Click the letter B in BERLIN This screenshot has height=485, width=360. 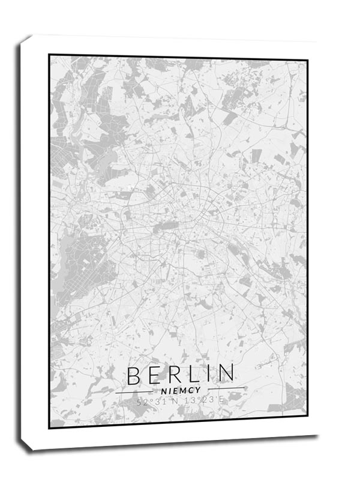pyautogui.click(x=134, y=375)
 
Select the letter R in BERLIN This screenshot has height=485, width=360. pyautogui.click(x=173, y=375)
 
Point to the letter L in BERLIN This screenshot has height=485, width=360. pyautogui.click(x=192, y=375)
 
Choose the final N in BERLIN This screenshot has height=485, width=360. pyautogui.click(x=225, y=375)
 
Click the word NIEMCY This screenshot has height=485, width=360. pyautogui.click(x=180, y=391)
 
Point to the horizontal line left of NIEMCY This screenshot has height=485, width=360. pyautogui.click(x=136, y=392)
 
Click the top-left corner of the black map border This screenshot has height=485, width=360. pyautogui.click(x=49, y=55)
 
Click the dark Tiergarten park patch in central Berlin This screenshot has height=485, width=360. pyautogui.click(x=167, y=227)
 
